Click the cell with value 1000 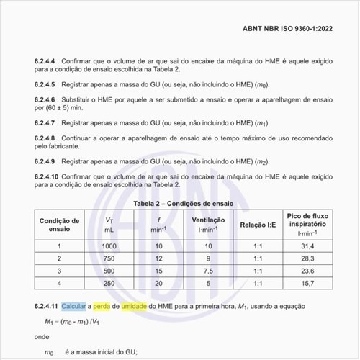109,246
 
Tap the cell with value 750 109,258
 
